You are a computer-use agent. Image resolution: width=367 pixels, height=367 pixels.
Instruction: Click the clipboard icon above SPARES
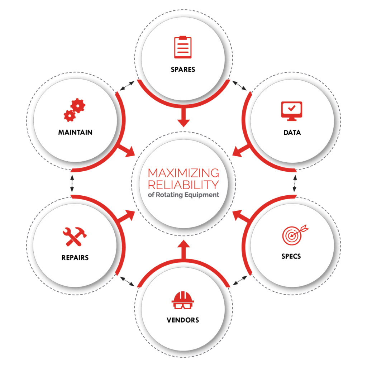(x=183, y=47)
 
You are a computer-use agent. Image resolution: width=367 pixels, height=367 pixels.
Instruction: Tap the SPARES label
(x=183, y=70)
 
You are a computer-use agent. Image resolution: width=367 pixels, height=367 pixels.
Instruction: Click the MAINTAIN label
(x=75, y=133)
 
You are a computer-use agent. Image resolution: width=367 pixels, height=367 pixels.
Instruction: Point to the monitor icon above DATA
(x=292, y=111)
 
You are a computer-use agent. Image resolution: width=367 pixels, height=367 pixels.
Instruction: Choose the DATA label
(x=292, y=133)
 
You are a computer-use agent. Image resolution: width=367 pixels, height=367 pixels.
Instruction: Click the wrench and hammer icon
(x=75, y=237)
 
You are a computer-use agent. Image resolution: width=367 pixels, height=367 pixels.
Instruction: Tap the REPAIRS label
(x=75, y=258)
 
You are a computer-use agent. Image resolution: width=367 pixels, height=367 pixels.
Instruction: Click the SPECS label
(x=291, y=256)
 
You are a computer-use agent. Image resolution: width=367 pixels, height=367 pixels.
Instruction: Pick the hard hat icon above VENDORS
(x=183, y=300)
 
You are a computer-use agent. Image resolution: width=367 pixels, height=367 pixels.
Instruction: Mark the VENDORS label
(x=183, y=320)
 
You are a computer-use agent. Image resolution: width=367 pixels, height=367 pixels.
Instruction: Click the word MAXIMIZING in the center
(x=183, y=173)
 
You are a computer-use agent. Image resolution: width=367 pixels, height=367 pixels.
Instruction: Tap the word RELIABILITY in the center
(x=183, y=185)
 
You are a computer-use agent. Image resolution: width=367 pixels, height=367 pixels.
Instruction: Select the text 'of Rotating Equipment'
(x=183, y=195)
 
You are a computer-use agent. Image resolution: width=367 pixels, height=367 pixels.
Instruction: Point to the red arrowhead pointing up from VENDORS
(x=183, y=244)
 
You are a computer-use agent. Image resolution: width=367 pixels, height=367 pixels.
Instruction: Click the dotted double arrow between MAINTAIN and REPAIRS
(x=72, y=183)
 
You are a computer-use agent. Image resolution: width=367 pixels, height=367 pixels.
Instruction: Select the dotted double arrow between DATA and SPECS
(x=295, y=183)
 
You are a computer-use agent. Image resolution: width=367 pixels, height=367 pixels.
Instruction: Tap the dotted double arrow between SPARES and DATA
(x=239, y=85)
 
